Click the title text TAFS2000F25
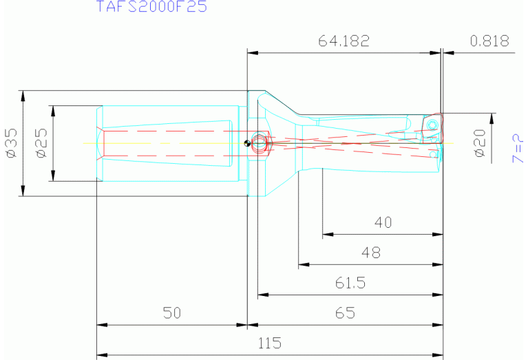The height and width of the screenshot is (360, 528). coord(151,8)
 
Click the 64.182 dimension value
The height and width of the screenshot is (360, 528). coord(344,41)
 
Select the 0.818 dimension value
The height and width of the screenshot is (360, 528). coord(489,41)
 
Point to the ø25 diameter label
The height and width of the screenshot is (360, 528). coord(41,143)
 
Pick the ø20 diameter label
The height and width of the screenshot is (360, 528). coord(480,143)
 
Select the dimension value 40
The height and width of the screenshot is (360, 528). coord(382,223)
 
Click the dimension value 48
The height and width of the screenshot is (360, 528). coord(370,253)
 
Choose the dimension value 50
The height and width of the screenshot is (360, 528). coord(171,313)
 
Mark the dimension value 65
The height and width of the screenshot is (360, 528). coord(345,313)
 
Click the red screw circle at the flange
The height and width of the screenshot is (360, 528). coord(259,142)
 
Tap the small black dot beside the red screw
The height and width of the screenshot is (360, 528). coord(247,143)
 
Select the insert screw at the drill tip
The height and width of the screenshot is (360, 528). coord(432,125)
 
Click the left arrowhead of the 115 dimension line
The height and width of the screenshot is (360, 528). coord(101,355)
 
